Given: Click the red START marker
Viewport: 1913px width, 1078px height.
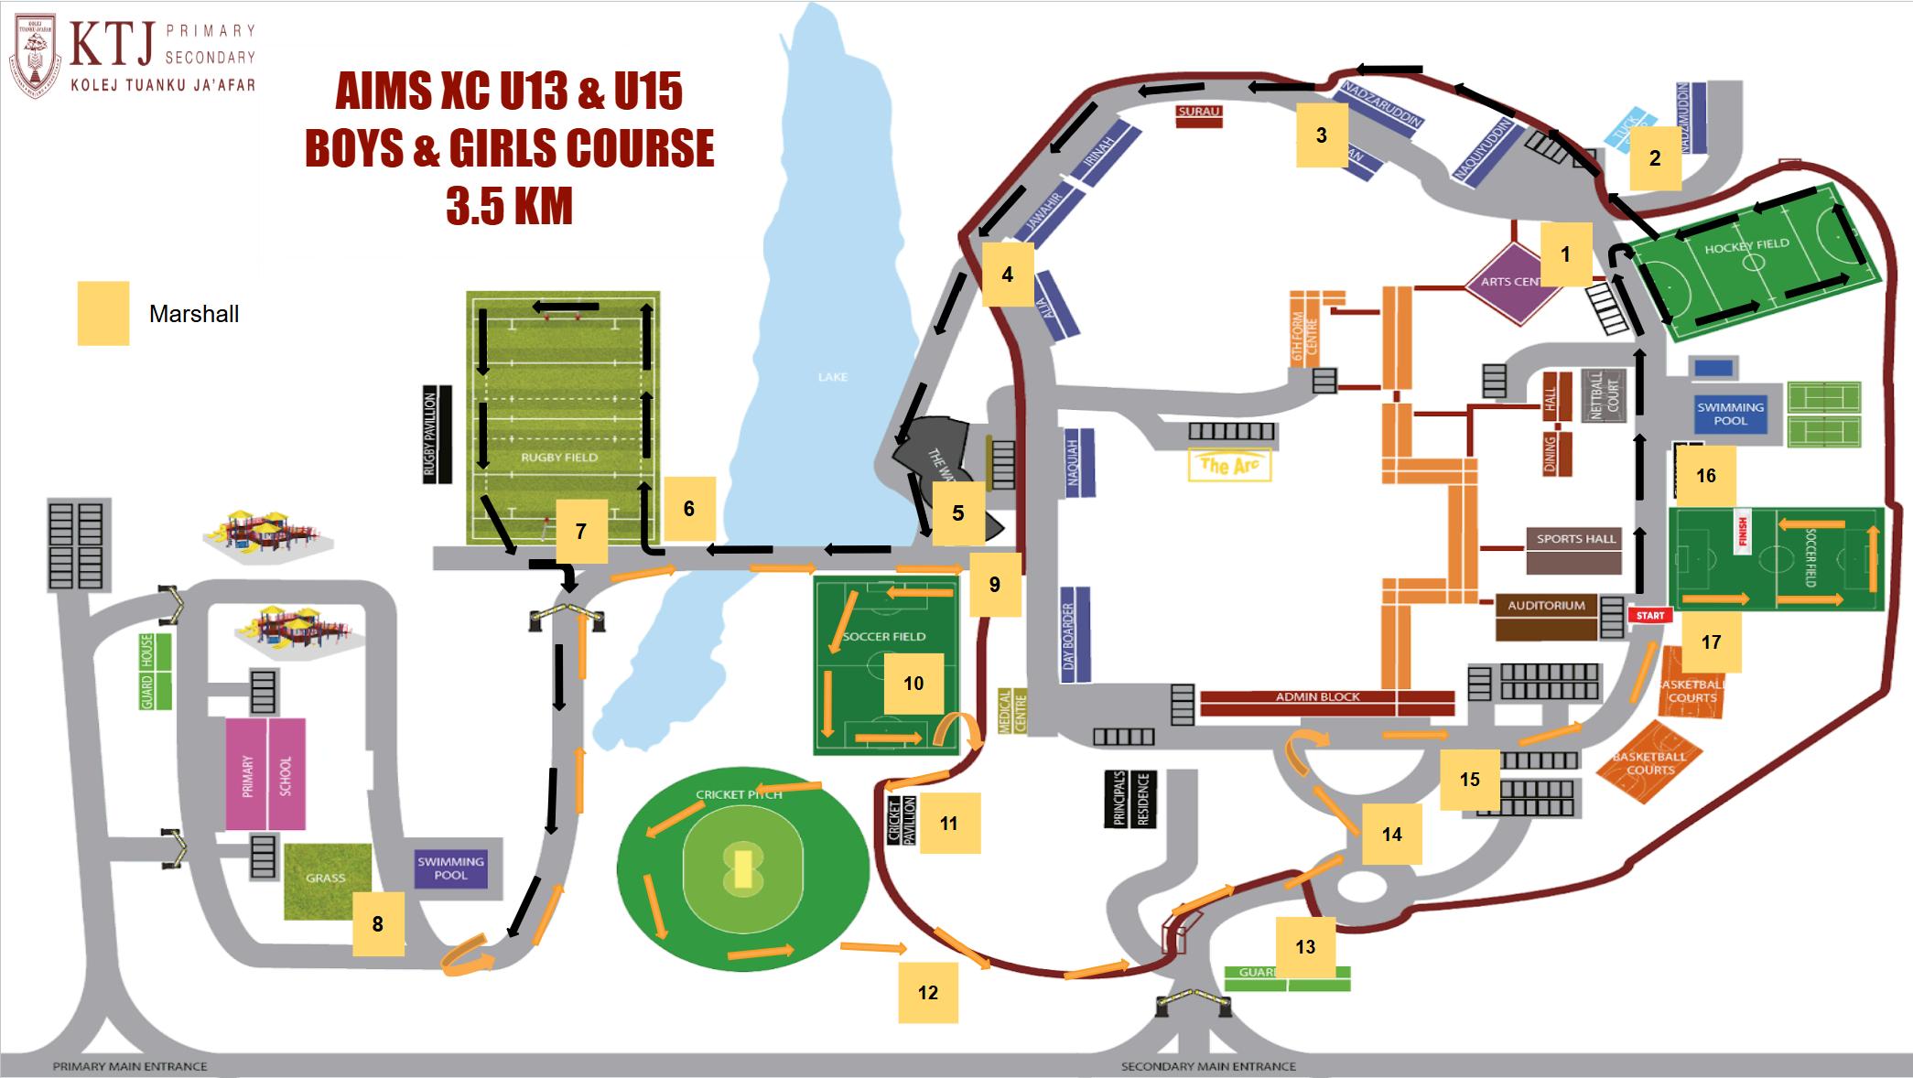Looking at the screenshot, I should (1650, 615).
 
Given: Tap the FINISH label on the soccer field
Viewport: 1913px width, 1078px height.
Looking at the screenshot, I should (1743, 532).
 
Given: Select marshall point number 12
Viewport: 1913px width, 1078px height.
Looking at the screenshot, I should (927, 993).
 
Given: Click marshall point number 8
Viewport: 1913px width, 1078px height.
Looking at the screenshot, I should (378, 924).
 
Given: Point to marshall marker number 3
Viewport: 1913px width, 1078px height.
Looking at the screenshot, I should (1322, 135).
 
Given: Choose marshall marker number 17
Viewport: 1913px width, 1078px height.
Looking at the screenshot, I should (1711, 642).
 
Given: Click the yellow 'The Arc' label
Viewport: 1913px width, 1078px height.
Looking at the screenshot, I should (1229, 466).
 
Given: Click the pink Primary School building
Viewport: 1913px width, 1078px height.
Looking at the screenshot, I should (266, 774).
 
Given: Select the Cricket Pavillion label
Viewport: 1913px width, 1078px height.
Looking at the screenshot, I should (902, 820).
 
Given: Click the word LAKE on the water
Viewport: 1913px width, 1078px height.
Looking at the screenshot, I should (833, 377).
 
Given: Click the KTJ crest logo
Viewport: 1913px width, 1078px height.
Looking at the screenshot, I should (35, 53).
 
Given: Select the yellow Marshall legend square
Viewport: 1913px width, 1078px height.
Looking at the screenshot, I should (103, 313).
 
